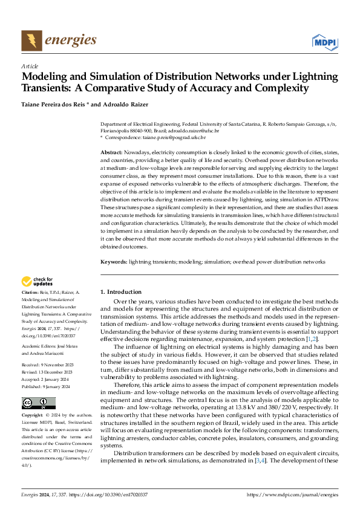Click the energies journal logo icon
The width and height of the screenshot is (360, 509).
tap(31, 41)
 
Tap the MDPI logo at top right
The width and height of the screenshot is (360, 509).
tap(324, 41)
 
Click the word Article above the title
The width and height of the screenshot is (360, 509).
tap(30, 66)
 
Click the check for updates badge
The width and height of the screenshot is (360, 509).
tap(37, 281)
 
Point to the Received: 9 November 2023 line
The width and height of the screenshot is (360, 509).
tap(48, 348)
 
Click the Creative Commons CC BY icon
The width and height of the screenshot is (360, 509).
tap(38, 386)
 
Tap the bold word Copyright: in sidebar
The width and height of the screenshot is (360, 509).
tap(34, 399)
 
